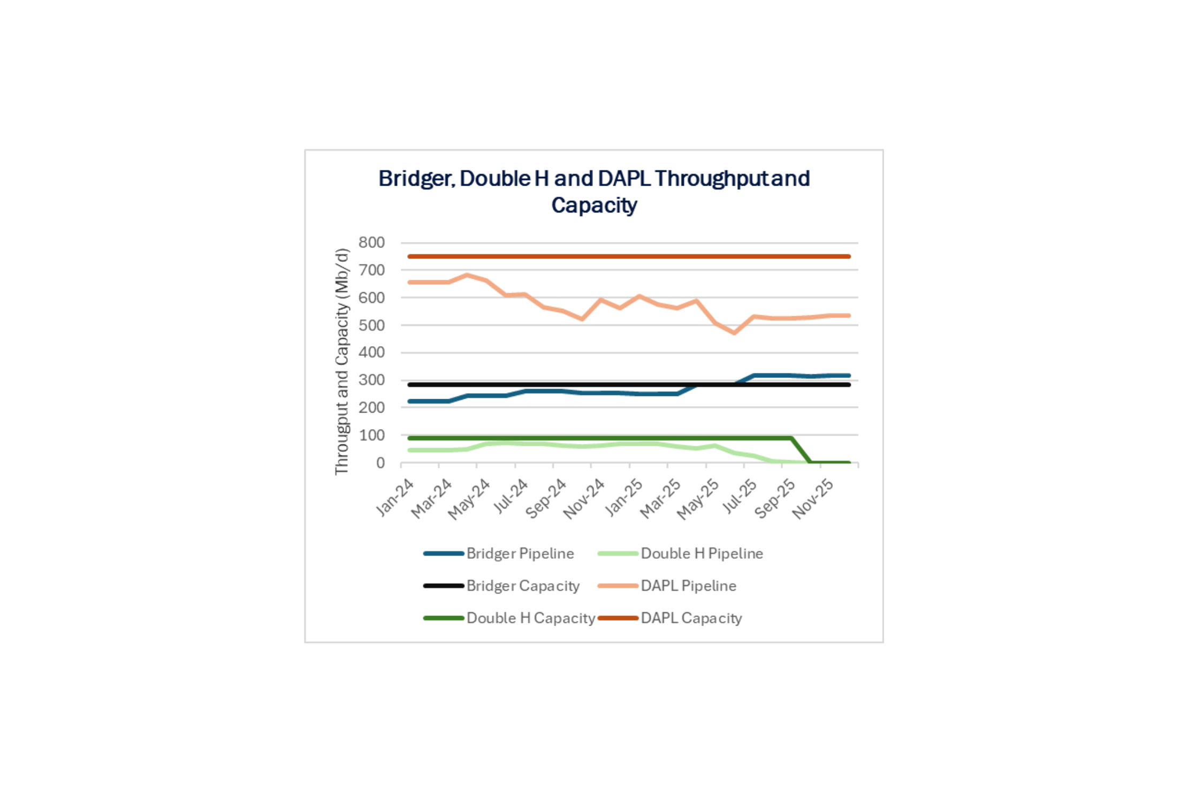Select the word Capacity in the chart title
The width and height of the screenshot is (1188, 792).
[594, 205]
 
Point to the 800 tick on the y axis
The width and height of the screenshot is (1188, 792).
[372, 243]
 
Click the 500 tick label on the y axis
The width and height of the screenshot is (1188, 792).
[372, 325]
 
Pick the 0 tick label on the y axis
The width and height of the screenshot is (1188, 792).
[380, 463]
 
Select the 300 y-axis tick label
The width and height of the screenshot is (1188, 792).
[372, 380]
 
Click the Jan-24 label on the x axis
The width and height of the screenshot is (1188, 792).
[395, 498]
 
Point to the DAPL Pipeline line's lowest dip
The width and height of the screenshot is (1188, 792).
[734, 333]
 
